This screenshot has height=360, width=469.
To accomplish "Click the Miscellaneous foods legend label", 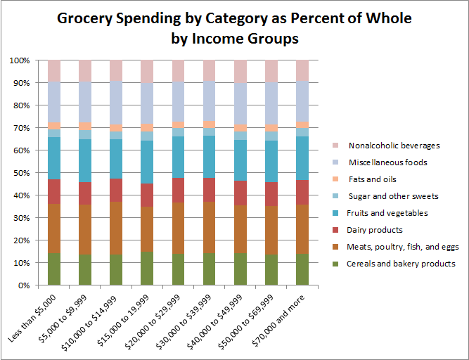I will [x=387, y=162].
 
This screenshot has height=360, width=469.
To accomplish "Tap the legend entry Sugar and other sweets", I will [x=393, y=196].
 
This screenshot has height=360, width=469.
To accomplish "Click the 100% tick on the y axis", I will [x=20, y=60].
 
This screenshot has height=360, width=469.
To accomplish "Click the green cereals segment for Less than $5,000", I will [x=54, y=269].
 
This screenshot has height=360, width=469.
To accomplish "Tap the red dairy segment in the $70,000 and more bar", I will [x=302, y=192].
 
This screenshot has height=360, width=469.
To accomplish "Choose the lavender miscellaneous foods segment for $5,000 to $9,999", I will [x=85, y=102].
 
